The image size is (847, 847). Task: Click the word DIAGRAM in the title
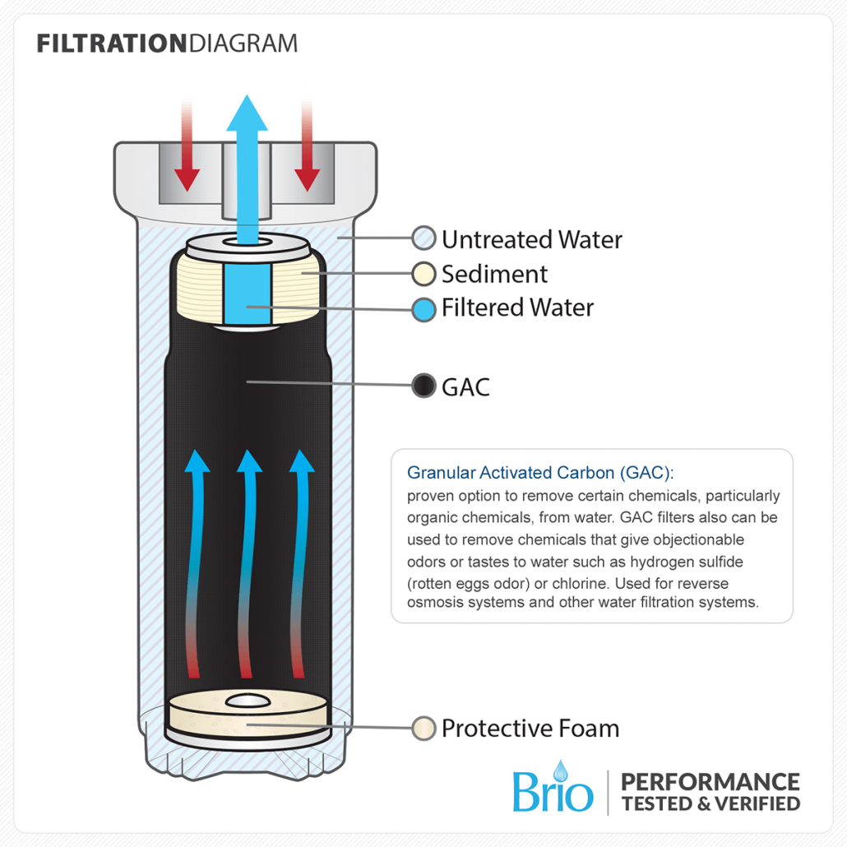243,44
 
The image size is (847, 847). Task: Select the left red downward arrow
187,146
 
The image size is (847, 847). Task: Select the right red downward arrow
308,146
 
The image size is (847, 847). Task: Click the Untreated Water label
532,240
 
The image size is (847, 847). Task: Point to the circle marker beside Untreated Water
423,238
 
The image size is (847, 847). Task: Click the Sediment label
494,275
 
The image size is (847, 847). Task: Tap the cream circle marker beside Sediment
423,274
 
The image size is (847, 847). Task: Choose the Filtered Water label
517,308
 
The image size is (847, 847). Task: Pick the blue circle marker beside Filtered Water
423,310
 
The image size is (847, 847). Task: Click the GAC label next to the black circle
465,387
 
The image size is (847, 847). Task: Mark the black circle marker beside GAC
423,386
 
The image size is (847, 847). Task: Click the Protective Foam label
530,729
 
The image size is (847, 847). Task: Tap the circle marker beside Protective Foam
423,729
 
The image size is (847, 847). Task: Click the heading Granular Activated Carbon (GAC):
540,473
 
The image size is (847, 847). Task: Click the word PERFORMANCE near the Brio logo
710,782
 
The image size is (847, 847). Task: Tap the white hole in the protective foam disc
248,701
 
